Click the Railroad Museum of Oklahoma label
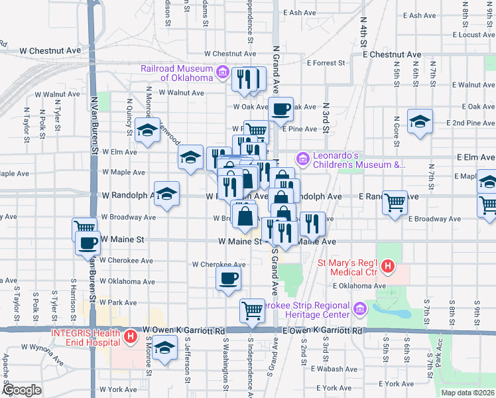pyautogui.click(x=176, y=73)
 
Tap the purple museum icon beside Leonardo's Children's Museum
pyautogui.click(x=304, y=158)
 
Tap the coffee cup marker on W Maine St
pyautogui.click(x=88, y=243)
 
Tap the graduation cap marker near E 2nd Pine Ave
pyautogui.click(x=420, y=121)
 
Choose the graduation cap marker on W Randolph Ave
pyautogui.click(x=167, y=194)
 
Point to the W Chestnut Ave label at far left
pyautogui.click(x=50, y=50)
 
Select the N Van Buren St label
pyautogui.click(x=93, y=123)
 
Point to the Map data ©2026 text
pyautogui.click(x=467, y=393)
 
